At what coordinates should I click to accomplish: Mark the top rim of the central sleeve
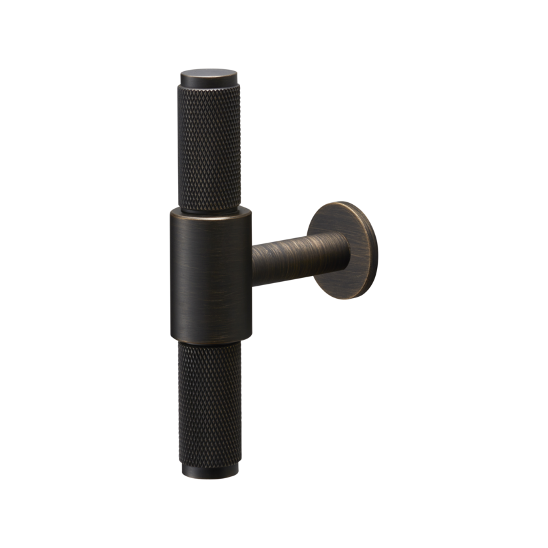[x=211, y=211]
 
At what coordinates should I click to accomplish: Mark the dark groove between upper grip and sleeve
[x=210, y=207]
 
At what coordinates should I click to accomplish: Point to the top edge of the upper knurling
[x=208, y=93]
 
